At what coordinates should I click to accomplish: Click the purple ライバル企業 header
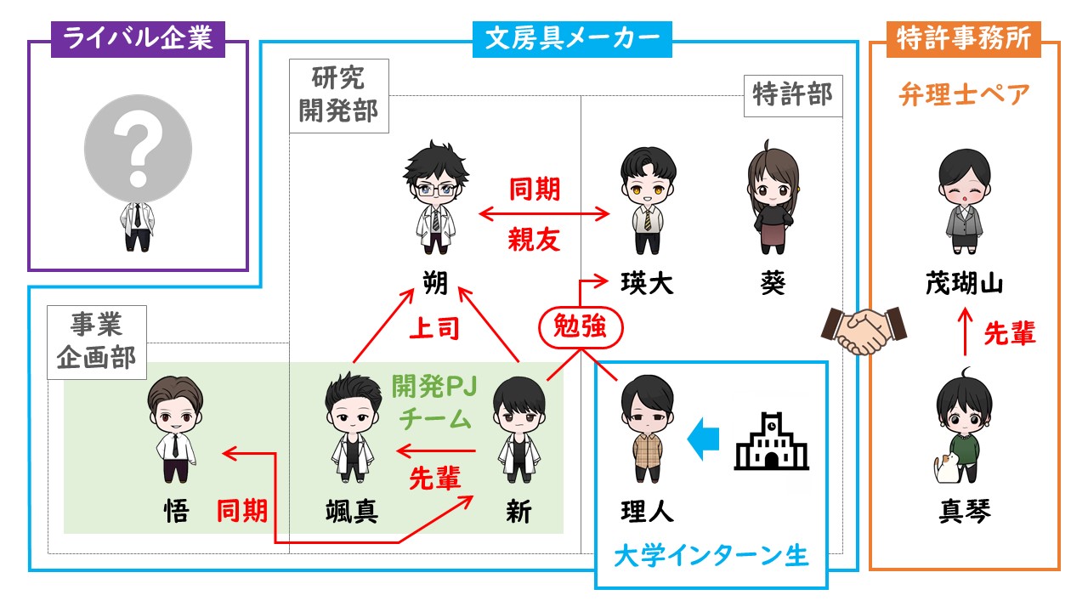pos(138,39)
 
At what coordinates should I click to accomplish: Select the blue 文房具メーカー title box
pos(572,39)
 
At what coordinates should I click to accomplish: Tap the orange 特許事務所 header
pos(964,39)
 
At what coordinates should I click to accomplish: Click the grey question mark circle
pos(138,148)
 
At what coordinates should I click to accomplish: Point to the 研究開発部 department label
pos(339,96)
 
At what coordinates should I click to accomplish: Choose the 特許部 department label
pos(793,96)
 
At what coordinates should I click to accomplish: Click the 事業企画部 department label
pos(97,342)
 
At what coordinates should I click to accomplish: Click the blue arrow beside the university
pos(703,439)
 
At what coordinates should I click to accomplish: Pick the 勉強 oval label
pos(581,326)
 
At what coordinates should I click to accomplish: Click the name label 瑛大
pos(647,284)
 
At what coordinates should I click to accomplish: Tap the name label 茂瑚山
pos(964,284)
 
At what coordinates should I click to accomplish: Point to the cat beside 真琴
pos(946,467)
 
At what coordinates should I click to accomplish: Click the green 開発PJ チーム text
pos(434,403)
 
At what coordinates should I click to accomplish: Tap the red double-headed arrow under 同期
pos(544,213)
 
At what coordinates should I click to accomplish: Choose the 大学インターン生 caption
pos(711,556)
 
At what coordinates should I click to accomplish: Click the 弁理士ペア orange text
pos(964,94)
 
